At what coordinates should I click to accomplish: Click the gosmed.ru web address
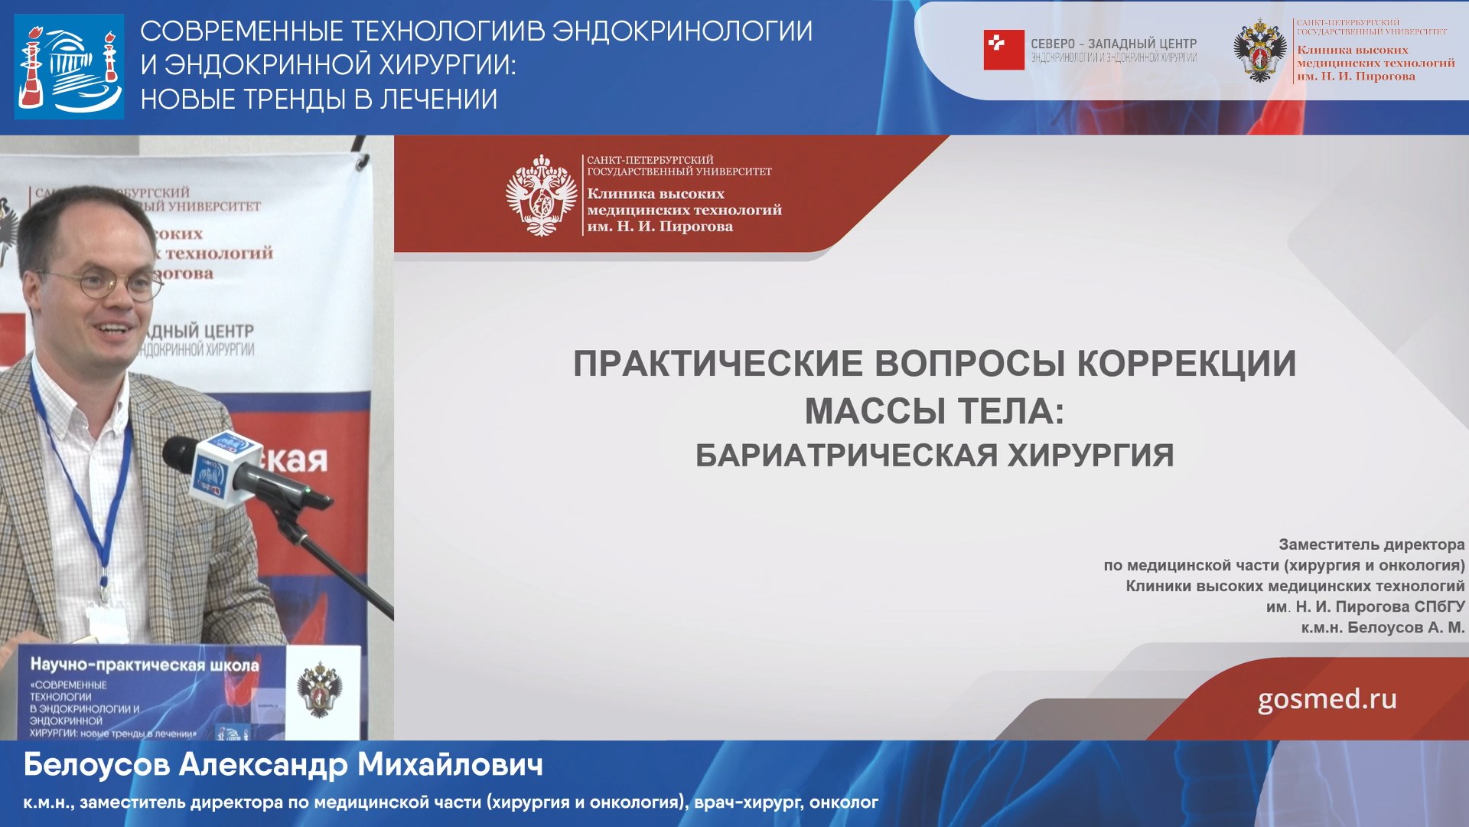1327,699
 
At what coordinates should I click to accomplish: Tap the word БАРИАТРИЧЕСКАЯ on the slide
845,456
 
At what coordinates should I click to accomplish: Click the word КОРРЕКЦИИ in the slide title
1187,364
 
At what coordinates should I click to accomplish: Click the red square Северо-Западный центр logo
1003,51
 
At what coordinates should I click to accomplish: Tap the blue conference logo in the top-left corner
69,66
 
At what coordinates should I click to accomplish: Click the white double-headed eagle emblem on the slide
542,195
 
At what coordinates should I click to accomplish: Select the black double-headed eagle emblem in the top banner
1259,51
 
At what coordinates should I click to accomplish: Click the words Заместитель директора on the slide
1371,544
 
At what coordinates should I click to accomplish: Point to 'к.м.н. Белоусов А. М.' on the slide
1383,627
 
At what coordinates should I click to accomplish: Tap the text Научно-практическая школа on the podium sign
145,665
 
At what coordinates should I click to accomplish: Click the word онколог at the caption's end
843,802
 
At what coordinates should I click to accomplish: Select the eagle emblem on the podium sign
320,689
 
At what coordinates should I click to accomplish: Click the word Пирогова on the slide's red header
695,227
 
